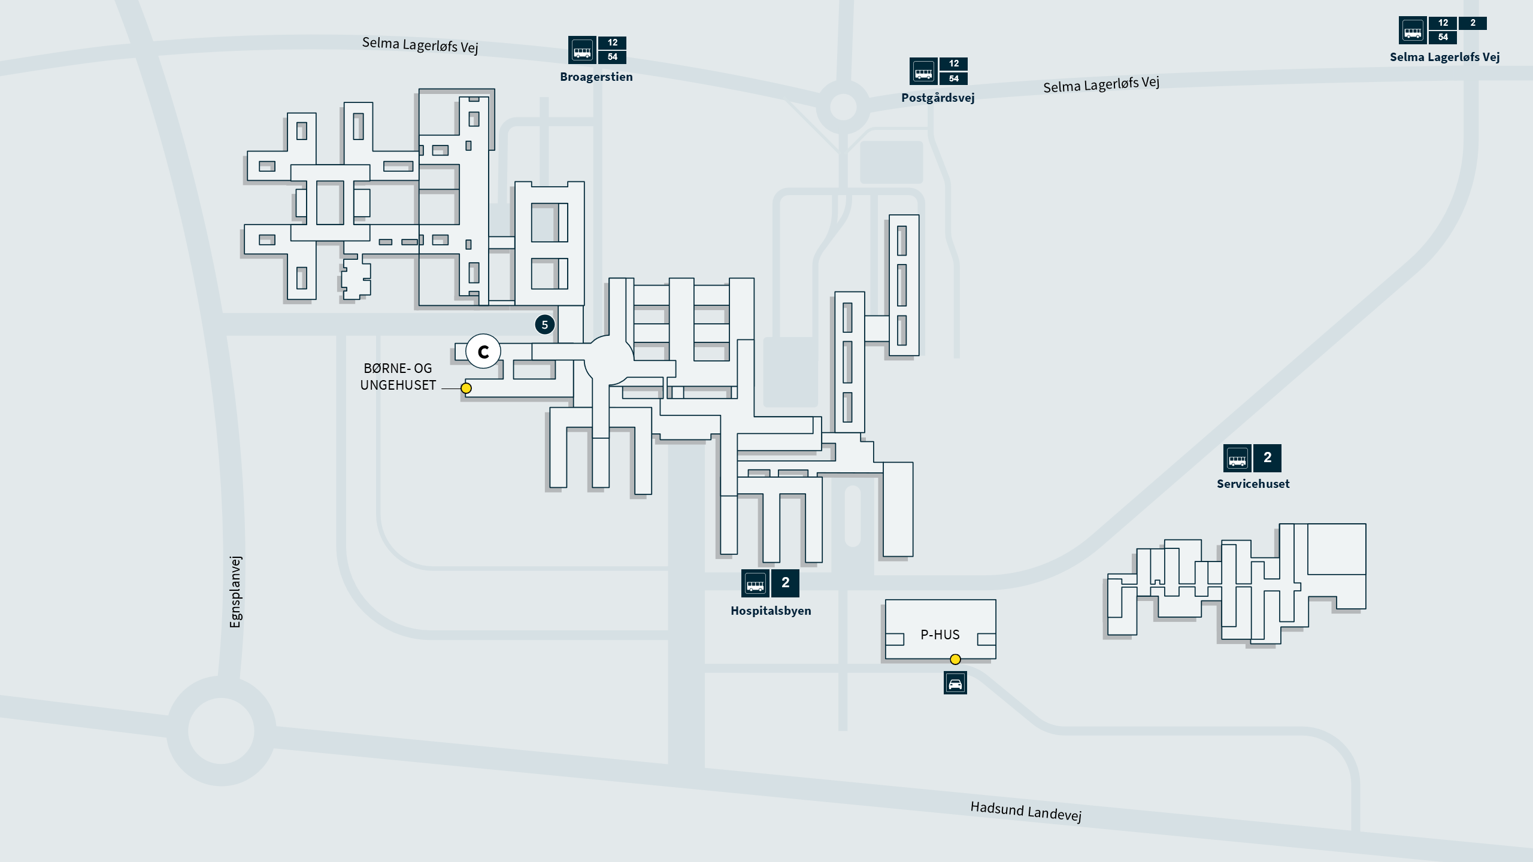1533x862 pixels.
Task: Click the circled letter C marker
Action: (x=483, y=351)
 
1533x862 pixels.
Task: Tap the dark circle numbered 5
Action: (x=544, y=325)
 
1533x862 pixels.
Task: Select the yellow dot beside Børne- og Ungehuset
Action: (x=466, y=388)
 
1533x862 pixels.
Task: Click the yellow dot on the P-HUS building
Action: (x=955, y=659)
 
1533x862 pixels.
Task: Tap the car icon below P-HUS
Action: (x=955, y=683)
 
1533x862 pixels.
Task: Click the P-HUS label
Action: (x=940, y=635)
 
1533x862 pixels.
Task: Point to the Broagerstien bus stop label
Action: (x=596, y=77)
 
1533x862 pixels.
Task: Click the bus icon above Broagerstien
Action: (x=582, y=50)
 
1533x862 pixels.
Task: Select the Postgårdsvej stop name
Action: (x=938, y=98)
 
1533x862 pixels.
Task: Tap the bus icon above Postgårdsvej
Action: (x=923, y=72)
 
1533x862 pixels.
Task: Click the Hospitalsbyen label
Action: (x=771, y=611)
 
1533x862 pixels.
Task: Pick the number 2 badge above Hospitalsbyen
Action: (x=785, y=583)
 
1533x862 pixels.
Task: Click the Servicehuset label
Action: (x=1253, y=484)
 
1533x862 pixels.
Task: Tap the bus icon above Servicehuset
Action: (x=1237, y=459)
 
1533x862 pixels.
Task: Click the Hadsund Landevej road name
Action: (x=1026, y=812)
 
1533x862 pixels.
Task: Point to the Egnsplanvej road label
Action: (x=235, y=591)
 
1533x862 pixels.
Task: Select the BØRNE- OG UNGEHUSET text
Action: (x=398, y=377)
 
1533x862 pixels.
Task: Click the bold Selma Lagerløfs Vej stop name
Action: (x=1444, y=57)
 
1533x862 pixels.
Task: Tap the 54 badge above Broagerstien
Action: (x=612, y=57)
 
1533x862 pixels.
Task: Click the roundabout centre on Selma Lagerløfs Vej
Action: (x=843, y=107)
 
